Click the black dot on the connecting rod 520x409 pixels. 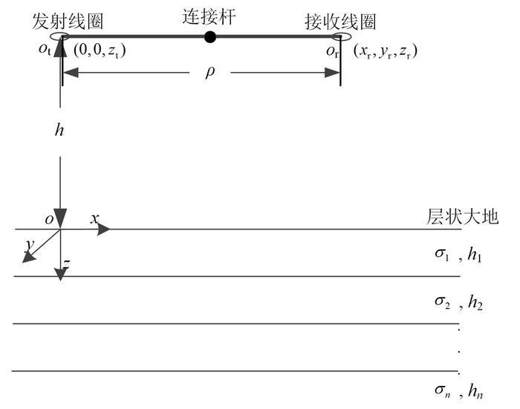tap(211, 37)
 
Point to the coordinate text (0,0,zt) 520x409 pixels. tap(101, 52)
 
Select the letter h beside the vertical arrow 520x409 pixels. tap(59, 129)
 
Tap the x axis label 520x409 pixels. tap(95, 218)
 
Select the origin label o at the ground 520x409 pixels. tap(48, 219)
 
